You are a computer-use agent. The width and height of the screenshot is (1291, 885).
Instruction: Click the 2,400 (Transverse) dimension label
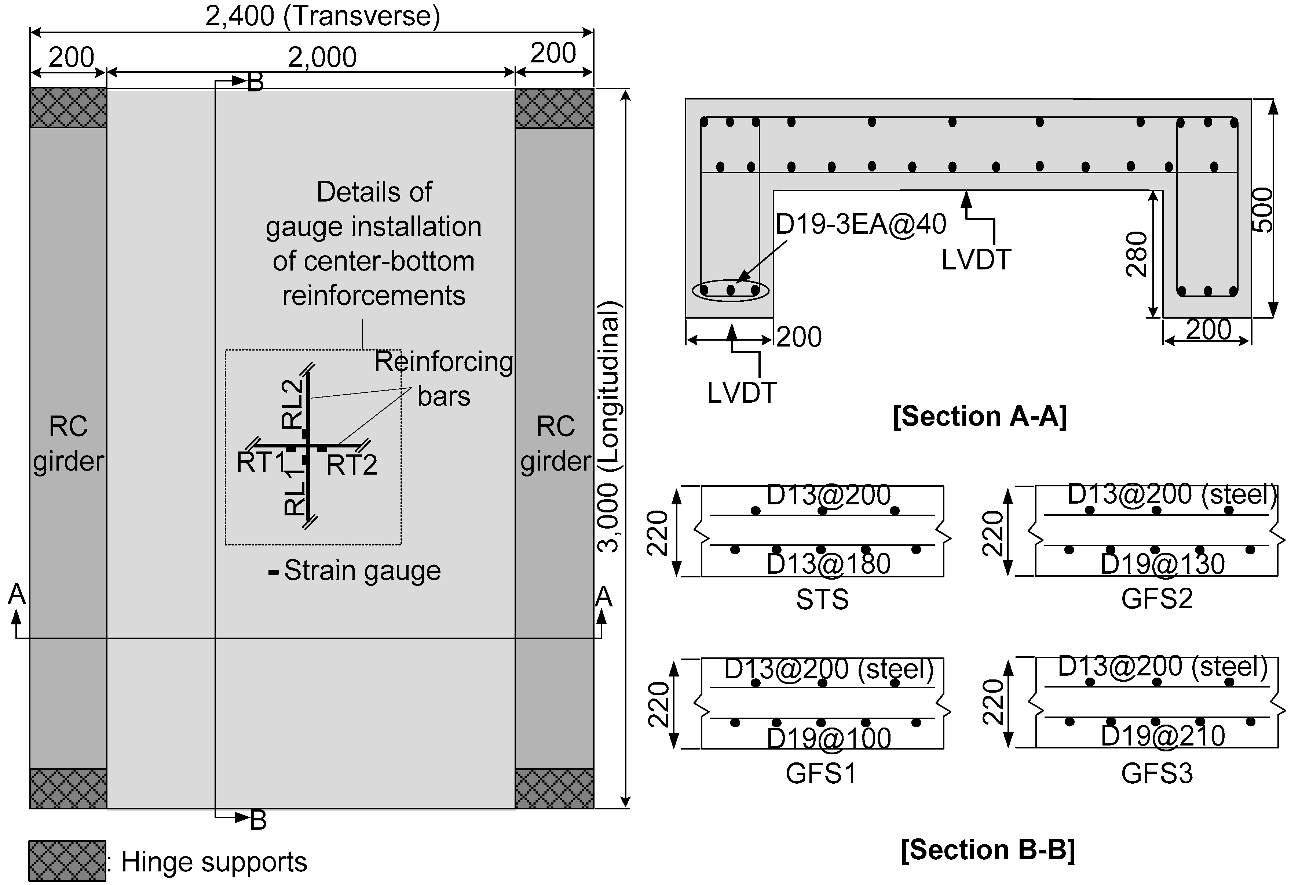[x=323, y=16]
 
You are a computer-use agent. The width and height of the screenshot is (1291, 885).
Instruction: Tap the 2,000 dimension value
[x=322, y=57]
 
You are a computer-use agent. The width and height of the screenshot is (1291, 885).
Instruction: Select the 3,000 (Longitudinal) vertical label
[x=610, y=427]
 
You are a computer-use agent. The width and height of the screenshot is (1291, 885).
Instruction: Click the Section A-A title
[x=979, y=416]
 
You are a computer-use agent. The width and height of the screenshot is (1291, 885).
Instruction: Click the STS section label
[x=822, y=599]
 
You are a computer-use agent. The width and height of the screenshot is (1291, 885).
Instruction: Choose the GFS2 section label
[x=1157, y=599]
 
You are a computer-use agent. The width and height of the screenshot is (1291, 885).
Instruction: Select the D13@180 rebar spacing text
[x=828, y=564]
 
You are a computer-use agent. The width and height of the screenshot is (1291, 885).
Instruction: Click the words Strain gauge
[x=362, y=570]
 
